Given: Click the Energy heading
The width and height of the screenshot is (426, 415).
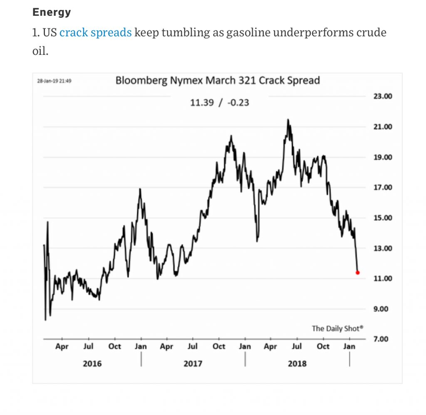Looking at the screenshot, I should coord(52,12).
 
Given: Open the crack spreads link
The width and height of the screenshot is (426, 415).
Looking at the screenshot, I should coord(95,32).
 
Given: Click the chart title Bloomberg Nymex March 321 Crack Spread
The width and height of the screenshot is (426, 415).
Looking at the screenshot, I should coord(218,80).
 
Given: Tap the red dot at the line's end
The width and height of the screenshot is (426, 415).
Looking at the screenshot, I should coord(358,273).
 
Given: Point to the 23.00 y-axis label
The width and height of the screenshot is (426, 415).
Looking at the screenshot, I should coord(382,96).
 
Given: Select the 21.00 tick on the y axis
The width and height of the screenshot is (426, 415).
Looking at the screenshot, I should coord(382,127).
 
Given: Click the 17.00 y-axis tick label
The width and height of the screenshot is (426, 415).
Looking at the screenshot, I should coord(382,188).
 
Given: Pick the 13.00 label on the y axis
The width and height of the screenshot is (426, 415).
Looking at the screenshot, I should coord(382,248).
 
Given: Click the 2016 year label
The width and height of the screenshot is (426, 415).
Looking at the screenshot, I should coord(92,363).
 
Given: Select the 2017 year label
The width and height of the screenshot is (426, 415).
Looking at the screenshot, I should coord(193,363).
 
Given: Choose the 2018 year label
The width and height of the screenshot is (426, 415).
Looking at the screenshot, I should coord(297,363).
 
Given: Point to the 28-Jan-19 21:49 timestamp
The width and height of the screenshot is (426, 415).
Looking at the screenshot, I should coord(54,81).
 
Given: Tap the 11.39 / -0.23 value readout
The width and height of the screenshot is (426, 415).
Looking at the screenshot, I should coord(220,102).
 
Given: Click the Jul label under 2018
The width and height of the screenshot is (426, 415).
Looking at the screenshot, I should coord(297,346).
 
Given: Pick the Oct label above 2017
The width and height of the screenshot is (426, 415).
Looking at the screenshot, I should coord(219,346).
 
